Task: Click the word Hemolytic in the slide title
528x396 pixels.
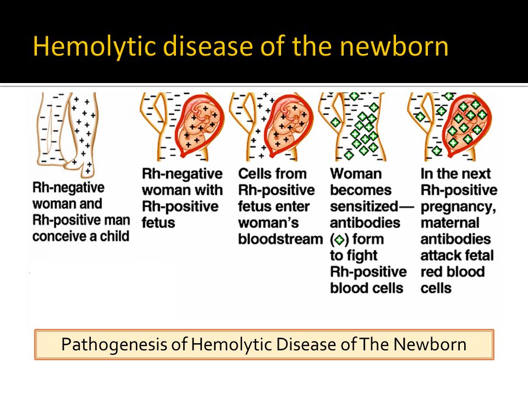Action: click(94, 46)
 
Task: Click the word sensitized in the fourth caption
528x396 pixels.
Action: click(364, 206)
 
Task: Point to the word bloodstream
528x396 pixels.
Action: click(280, 239)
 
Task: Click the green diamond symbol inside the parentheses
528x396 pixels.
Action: click(339, 240)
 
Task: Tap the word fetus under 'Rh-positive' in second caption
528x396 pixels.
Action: click(158, 223)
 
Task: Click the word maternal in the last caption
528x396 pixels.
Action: click(450, 223)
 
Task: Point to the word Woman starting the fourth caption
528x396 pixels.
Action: click(356, 174)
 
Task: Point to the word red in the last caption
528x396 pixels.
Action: click(432, 272)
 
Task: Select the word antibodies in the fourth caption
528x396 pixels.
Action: click(365, 223)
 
